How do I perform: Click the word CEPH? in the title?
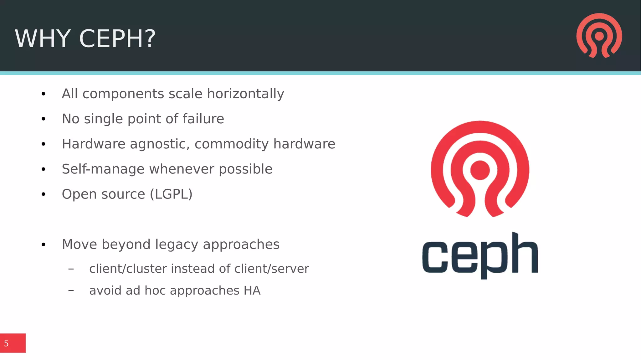[x=117, y=39]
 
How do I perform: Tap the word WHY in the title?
[x=43, y=39]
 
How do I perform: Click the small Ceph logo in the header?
[x=599, y=35]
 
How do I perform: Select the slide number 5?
[x=6, y=343]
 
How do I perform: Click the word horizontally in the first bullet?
[x=245, y=94]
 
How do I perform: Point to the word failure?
[x=203, y=119]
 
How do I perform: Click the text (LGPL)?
[x=171, y=194]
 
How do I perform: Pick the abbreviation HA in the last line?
[x=252, y=291]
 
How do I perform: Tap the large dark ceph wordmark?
[x=480, y=255]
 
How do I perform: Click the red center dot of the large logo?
[x=480, y=170]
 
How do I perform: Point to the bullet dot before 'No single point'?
[x=44, y=119]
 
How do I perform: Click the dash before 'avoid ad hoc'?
[x=71, y=291]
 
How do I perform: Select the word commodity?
[x=231, y=144]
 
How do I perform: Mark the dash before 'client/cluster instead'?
[x=71, y=269]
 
